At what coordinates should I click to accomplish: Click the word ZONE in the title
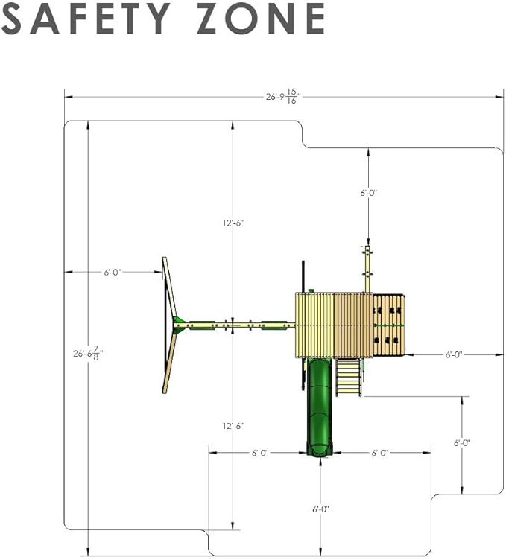coord(261,18)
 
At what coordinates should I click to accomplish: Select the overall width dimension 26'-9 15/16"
coord(283,96)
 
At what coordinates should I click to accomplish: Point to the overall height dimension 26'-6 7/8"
coord(88,353)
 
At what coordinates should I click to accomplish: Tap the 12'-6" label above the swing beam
coord(233,223)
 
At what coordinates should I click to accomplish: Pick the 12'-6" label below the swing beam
coord(233,426)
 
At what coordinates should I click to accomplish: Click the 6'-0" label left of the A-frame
coord(113,272)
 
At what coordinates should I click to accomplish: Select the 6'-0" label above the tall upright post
coord(368,193)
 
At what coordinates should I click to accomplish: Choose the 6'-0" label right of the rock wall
coord(454,354)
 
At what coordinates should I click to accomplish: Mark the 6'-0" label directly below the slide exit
coord(320,509)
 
